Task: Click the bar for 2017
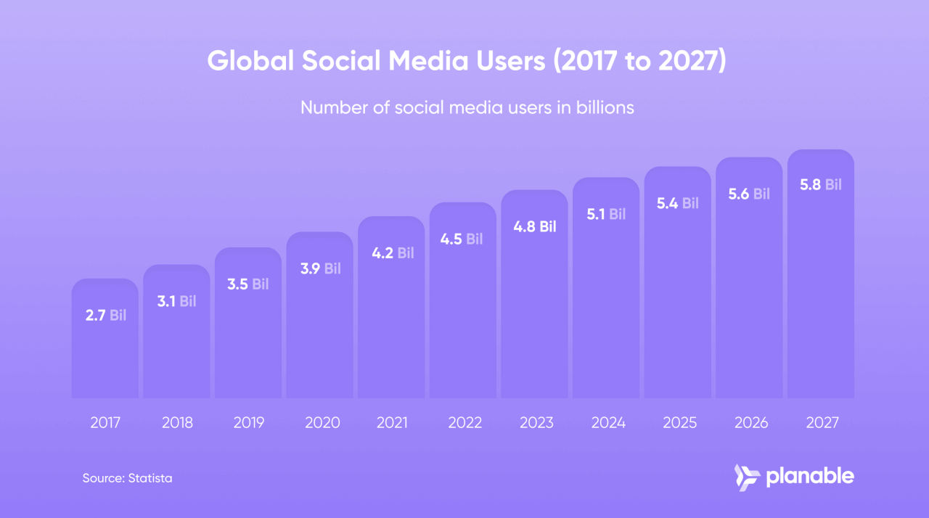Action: tap(105, 348)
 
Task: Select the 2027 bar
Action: tap(820, 290)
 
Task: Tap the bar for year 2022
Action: tap(463, 319)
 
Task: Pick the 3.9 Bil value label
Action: tap(320, 268)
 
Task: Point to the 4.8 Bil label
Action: tap(534, 226)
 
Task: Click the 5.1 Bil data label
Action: tap(606, 214)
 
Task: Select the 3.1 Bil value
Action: tap(176, 300)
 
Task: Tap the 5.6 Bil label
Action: tap(749, 194)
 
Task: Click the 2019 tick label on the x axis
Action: tap(248, 423)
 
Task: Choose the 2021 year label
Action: tap(392, 423)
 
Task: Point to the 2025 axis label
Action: tap(678, 423)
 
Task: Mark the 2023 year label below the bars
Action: tap(535, 423)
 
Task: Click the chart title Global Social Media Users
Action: tap(466, 62)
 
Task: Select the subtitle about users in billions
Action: tap(467, 107)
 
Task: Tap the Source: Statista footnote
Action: tap(127, 478)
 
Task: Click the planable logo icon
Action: tap(746, 477)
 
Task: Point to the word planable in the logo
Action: tap(810, 477)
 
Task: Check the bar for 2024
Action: tap(606, 312)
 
